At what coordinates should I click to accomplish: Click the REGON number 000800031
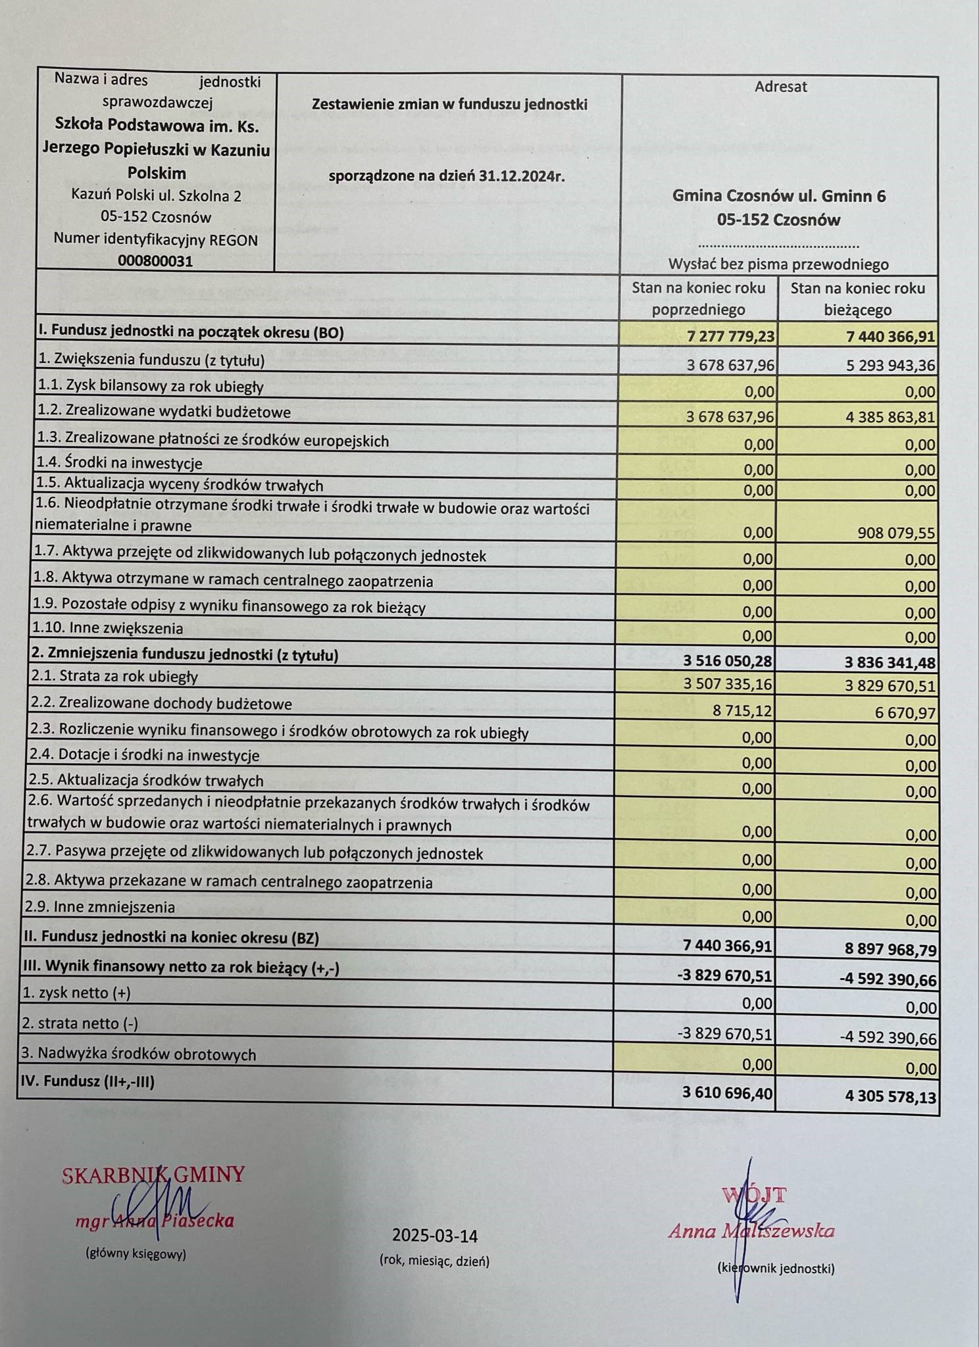(155, 261)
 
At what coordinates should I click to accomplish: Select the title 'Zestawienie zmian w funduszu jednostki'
(449, 105)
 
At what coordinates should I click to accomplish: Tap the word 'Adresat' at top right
(780, 86)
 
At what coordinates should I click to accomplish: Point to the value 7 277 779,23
(730, 337)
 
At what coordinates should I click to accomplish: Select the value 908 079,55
(896, 533)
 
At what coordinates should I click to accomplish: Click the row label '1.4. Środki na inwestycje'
(117, 464)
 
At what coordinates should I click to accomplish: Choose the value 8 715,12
(744, 711)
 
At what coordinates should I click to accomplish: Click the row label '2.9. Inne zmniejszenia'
(100, 908)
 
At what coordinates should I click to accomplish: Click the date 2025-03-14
(434, 1236)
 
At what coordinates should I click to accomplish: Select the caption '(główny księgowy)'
(136, 1254)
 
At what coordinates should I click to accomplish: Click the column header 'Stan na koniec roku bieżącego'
(857, 299)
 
